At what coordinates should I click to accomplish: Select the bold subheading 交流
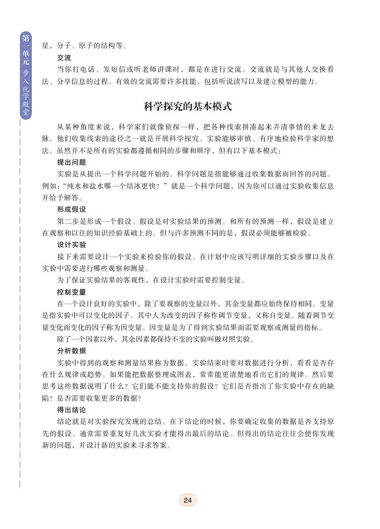click(64, 58)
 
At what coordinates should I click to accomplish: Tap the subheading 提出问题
click(71, 163)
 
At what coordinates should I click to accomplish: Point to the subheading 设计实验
click(71, 245)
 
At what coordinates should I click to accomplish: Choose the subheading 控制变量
click(71, 292)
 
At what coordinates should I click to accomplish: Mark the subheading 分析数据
click(71, 351)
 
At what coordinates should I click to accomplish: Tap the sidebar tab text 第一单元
click(26, 51)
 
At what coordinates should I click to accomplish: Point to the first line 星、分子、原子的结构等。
click(84, 46)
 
